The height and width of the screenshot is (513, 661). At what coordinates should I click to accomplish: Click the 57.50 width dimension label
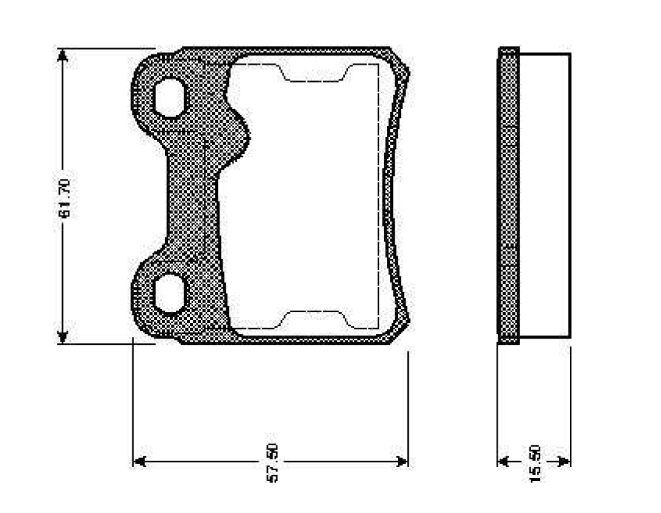coord(272,462)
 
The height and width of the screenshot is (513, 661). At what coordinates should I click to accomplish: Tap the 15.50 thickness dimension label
coord(534,463)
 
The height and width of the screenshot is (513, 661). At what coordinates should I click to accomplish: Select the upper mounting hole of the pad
coord(169,97)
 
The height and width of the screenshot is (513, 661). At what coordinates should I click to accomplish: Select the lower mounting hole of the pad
coord(169,293)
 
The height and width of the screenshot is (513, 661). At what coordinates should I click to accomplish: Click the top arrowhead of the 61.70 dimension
coord(62,55)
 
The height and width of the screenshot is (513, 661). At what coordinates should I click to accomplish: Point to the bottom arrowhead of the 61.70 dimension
coord(62,336)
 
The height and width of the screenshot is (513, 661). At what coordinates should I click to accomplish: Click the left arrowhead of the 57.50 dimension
coord(140,461)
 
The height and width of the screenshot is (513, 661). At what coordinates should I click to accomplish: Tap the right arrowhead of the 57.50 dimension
coord(401,461)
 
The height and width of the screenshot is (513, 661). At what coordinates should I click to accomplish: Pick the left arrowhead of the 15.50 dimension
coord(504,461)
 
